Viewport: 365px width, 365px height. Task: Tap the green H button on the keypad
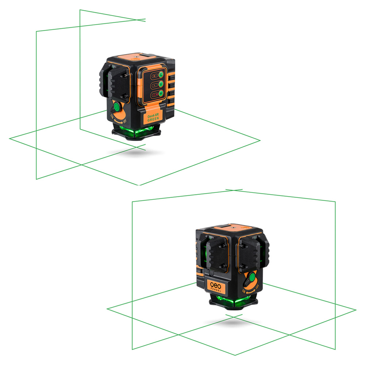[x=160, y=95]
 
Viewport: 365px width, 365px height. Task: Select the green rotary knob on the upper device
[x=116, y=107]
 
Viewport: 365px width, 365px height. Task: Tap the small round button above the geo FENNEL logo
[x=211, y=273]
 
